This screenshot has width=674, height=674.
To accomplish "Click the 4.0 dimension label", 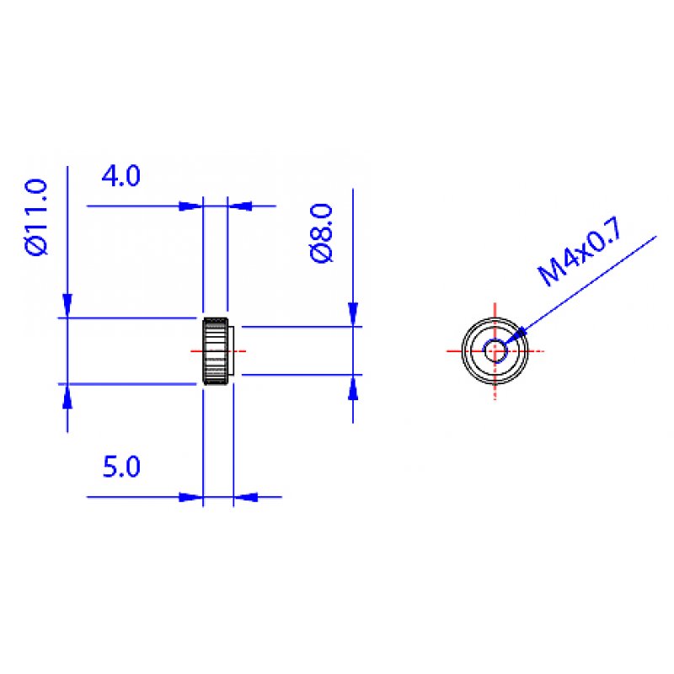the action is click(x=120, y=177).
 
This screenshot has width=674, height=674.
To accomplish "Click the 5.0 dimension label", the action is click(x=120, y=467).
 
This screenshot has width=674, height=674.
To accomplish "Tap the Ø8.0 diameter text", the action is click(x=322, y=233).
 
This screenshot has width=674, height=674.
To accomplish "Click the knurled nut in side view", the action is click(x=215, y=350).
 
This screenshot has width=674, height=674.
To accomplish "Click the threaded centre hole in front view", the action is click(x=495, y=350).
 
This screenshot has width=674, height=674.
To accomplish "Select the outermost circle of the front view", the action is click(x=464, y=350).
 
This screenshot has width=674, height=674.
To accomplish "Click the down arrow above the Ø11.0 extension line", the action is click(x=67, y=307).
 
